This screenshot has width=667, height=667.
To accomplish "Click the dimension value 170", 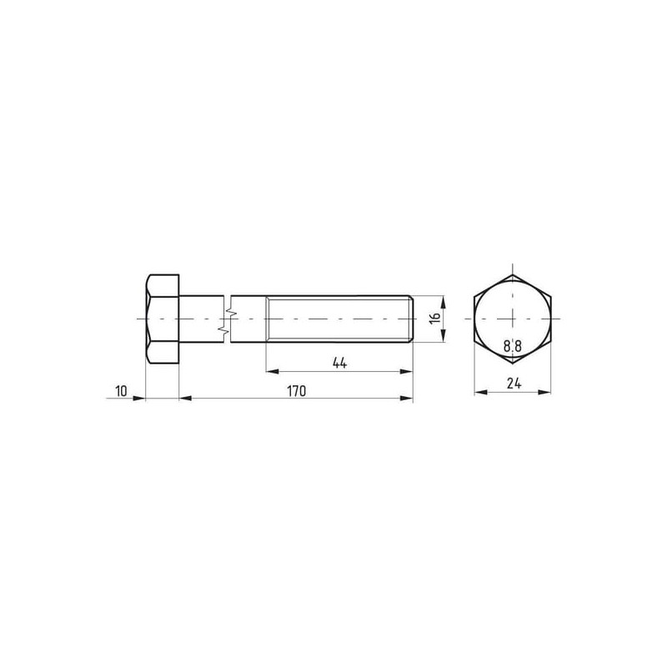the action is [x=296, y=391].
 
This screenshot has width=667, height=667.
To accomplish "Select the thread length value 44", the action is [x=339, y=363].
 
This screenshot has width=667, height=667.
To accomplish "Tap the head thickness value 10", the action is [x=121, y=391].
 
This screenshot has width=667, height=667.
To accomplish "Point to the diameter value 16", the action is [x=434, y=318].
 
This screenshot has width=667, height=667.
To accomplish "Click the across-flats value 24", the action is [x=514, y=384].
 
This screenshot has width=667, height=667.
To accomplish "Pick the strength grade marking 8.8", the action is [x=513, y=346].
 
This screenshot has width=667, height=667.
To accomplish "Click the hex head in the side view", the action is [x=162, y=318].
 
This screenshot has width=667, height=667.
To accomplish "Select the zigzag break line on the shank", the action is [x=227, y=318].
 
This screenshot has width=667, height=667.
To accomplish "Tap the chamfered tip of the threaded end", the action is [x=412, y=318].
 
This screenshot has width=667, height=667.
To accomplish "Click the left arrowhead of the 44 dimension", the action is [x=273, y=372].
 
